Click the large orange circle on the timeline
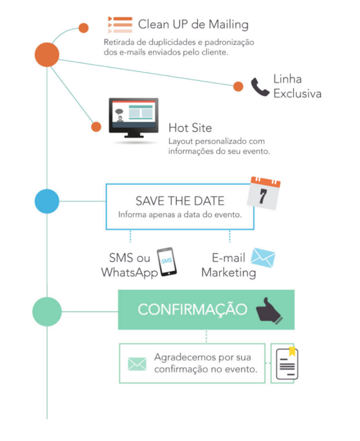(x=47, y=55)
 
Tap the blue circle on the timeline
(x=47, y=201)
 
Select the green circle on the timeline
(x=47, y=312)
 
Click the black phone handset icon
(x=260, y=87)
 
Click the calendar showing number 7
(x=264, y=193)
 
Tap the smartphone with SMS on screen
(x=167, y=262)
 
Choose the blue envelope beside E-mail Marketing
(x=263, y=258)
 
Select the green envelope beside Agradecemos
(x=137, y=364)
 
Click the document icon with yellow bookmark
(x=287, y=363)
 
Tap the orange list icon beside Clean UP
(x=120, y=25)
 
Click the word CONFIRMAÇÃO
(x=193, y=310)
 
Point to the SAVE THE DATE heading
(x=180, y=201)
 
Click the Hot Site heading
(x=190, y=128)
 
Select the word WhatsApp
(x=129, y=273)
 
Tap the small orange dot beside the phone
(x=238, y=86)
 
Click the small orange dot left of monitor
(x=96, y=127)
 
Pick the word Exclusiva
(x=297, y=93)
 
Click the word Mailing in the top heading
(x=229, y=25)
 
